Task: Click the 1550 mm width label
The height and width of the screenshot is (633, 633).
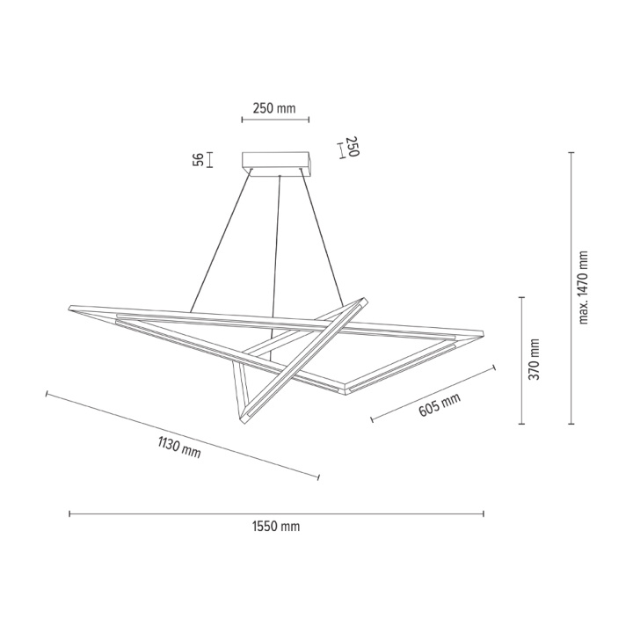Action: pos(276,527)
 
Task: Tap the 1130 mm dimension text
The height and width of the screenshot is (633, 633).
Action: pos(179,447)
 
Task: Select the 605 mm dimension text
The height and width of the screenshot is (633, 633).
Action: pos(440,405)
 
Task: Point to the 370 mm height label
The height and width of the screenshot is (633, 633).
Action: pos(535,359)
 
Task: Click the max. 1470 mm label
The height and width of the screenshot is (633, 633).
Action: pos(584,287)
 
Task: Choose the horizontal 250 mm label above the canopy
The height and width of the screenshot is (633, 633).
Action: pos(274,108)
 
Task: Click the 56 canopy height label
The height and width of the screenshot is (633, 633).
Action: pos(198,160)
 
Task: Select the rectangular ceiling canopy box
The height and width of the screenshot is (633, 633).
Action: pos(277,164)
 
